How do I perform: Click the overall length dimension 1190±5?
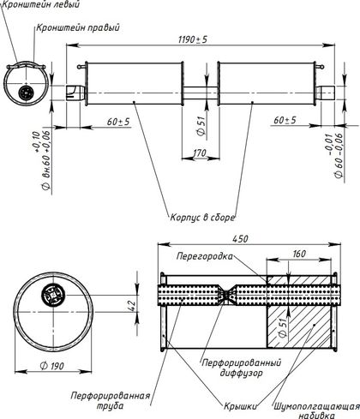coord(192,39)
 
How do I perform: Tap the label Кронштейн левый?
coord(40,4)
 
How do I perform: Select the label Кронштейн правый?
coord(78,27)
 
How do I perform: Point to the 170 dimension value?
coord(200,153)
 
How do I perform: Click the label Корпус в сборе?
coord(202,218)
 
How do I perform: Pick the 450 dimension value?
coord(240,239)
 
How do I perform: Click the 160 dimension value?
coord(299,254)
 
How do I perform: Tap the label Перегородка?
coord(205,256)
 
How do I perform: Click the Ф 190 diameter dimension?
coord(52,366)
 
